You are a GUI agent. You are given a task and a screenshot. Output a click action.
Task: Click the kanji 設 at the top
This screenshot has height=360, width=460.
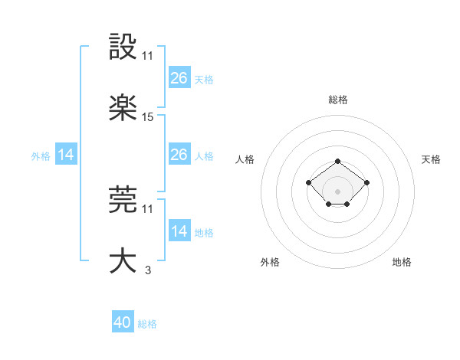123,48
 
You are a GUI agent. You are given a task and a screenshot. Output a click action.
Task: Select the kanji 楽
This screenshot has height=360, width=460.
123,109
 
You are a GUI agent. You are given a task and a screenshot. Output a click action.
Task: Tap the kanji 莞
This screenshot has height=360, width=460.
123,200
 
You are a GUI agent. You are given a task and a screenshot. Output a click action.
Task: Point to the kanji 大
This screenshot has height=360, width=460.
123,260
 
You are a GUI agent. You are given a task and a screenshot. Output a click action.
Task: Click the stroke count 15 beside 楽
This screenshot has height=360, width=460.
148,117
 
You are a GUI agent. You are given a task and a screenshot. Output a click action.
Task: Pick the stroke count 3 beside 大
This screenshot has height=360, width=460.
148,269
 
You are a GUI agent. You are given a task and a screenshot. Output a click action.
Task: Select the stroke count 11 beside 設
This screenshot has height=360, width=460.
148,56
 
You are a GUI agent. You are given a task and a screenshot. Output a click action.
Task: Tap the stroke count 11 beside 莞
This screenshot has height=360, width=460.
148,208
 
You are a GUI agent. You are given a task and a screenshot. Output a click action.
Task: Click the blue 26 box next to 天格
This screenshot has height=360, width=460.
179,78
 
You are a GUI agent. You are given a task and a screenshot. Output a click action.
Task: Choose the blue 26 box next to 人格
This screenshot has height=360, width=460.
179,155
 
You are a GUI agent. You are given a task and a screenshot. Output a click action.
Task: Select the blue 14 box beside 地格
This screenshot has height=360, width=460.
179,231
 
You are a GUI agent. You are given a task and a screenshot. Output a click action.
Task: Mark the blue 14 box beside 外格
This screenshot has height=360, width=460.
66,155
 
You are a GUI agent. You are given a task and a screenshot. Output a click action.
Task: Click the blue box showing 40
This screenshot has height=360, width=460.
123,322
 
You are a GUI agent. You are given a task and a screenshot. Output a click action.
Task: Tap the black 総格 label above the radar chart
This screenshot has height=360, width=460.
337,100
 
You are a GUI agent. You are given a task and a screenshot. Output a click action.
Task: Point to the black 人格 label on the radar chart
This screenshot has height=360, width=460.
245,159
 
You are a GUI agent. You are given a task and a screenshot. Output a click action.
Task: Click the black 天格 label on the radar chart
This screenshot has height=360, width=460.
431,159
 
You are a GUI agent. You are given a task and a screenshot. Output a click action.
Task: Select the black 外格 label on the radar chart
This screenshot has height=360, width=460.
270,263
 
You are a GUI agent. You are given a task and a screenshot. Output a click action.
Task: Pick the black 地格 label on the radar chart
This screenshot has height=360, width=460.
402,263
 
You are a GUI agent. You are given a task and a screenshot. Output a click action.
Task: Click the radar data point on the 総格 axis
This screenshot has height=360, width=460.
337,162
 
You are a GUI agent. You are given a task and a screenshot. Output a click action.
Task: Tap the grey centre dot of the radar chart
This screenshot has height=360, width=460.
337,191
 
